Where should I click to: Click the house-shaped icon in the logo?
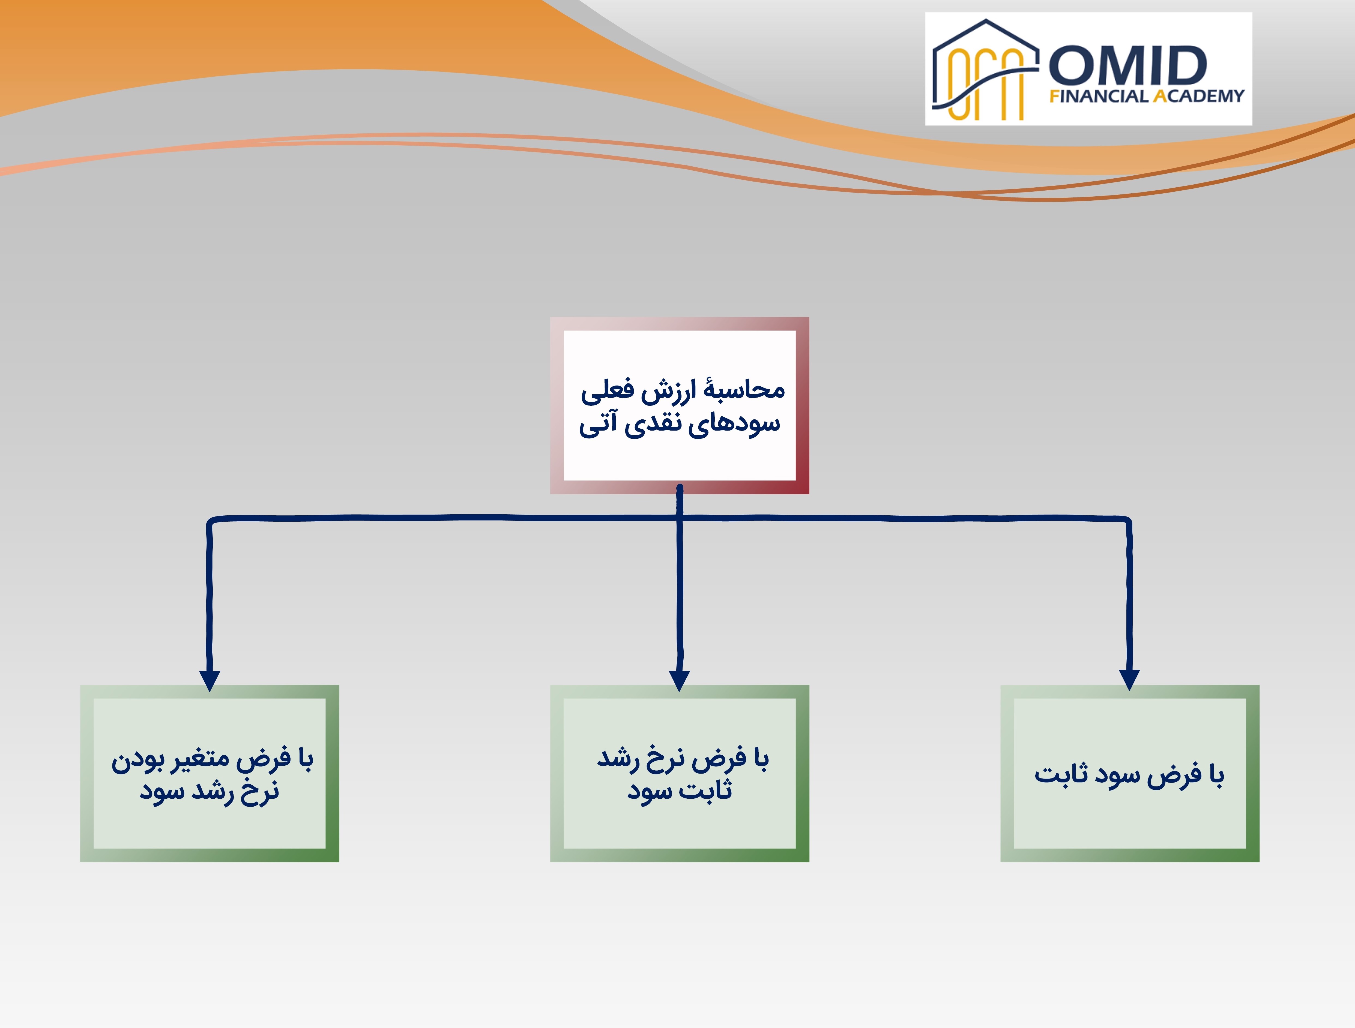click(985, 70)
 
